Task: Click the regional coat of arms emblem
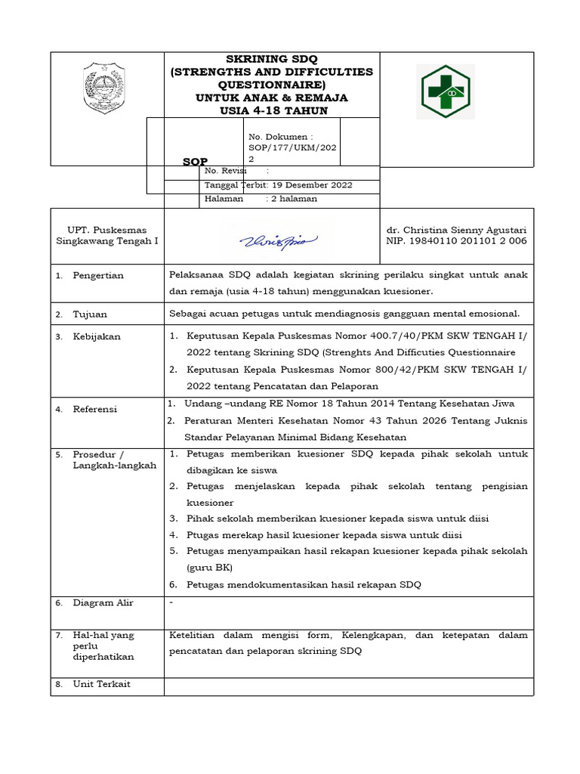(106, 88)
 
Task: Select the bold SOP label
(195, 162)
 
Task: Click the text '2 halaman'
(294, 199)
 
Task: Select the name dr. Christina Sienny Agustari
(456, 230)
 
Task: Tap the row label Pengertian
(98, 276)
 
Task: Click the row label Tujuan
(90, 314)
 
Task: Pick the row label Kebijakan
(97, 337)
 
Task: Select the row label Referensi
(95, 409)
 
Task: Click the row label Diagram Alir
(103, 603)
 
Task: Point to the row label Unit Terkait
(101, 684)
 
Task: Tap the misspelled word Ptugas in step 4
(202, 535)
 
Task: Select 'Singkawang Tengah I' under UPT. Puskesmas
(107, 241)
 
